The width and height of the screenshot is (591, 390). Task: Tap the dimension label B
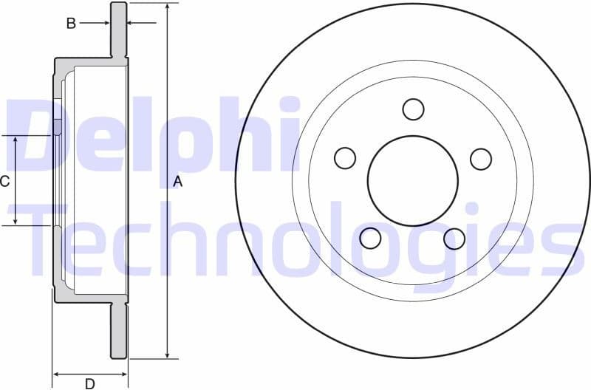[x=71, y=24]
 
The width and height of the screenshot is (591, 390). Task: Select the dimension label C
[x=5, y=181]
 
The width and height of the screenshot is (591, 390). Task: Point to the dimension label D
[x=89, y=383]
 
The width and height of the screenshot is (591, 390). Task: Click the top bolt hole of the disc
[x=414, y=109]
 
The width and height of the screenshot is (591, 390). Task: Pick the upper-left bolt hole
[x=345, y=158]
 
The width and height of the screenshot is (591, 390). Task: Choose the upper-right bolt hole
[x=481, y=159]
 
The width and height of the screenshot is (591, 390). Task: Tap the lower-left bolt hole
[x=370, y=238]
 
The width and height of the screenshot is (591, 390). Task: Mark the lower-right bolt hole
[x=454, y=239]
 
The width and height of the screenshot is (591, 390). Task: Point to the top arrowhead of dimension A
[x=168, y=7]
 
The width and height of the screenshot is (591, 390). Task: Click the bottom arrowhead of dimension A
[x=168, y=354]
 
